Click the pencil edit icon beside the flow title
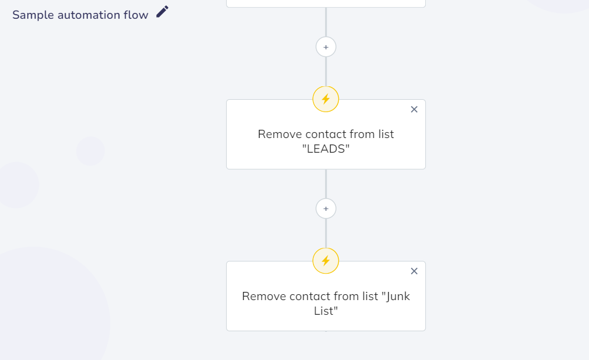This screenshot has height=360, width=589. pos(162,12)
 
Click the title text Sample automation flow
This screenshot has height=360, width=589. pos(80,15)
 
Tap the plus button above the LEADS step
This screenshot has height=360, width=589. pos(326,47)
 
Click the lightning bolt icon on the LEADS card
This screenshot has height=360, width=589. pos(326,99)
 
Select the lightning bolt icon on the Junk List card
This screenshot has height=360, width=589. pos(326,261)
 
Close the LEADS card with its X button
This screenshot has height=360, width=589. pos(414,109)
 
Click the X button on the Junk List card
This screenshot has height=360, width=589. pos(414,271)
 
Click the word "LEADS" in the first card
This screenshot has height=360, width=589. pos(326,149)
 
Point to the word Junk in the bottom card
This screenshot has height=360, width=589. pos(396,297)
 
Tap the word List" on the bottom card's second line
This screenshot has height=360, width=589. pos(326,311)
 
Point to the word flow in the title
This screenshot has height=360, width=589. pos(136,15)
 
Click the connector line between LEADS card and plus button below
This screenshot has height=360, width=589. pos(326,184)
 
